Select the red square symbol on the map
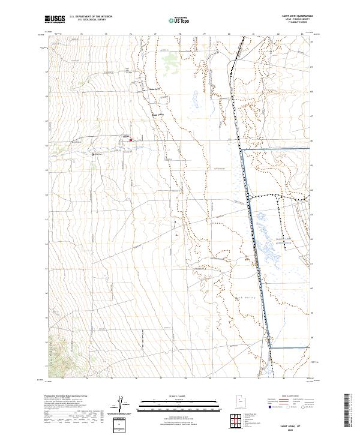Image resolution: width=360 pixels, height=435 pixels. [x=130, y=142]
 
